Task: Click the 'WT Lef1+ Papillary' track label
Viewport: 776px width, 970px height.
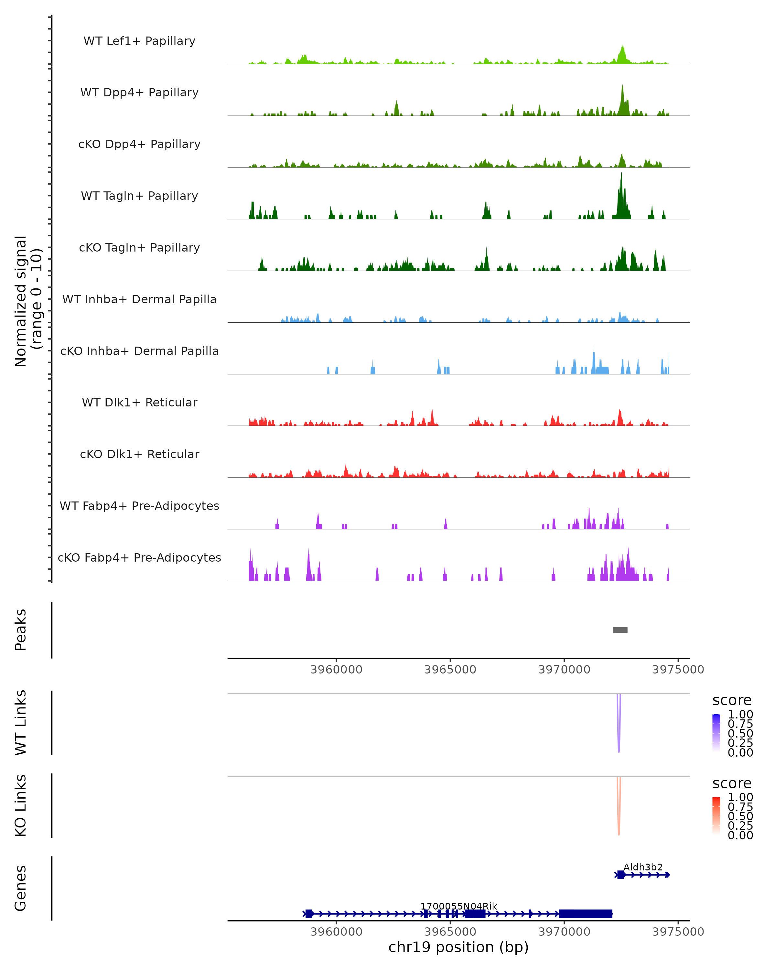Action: click(x=139, y=41)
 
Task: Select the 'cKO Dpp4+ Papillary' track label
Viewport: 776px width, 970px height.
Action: click(x=139, y=145)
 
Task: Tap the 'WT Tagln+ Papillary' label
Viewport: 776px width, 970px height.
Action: click(x=139, y=196)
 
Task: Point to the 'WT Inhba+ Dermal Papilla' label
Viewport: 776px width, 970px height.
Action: click(x=139, y=300)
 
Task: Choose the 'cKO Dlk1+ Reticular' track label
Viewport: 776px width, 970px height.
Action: click(x=139, y=454)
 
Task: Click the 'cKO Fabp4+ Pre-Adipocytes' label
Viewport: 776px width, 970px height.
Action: click(x=139, y=558)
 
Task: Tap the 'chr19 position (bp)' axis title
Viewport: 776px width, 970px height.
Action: click(x=458, y=947)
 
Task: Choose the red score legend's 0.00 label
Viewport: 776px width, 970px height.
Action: click(x=740, y=835)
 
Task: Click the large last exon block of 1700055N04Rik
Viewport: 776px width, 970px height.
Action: click(x=585, y=914)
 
